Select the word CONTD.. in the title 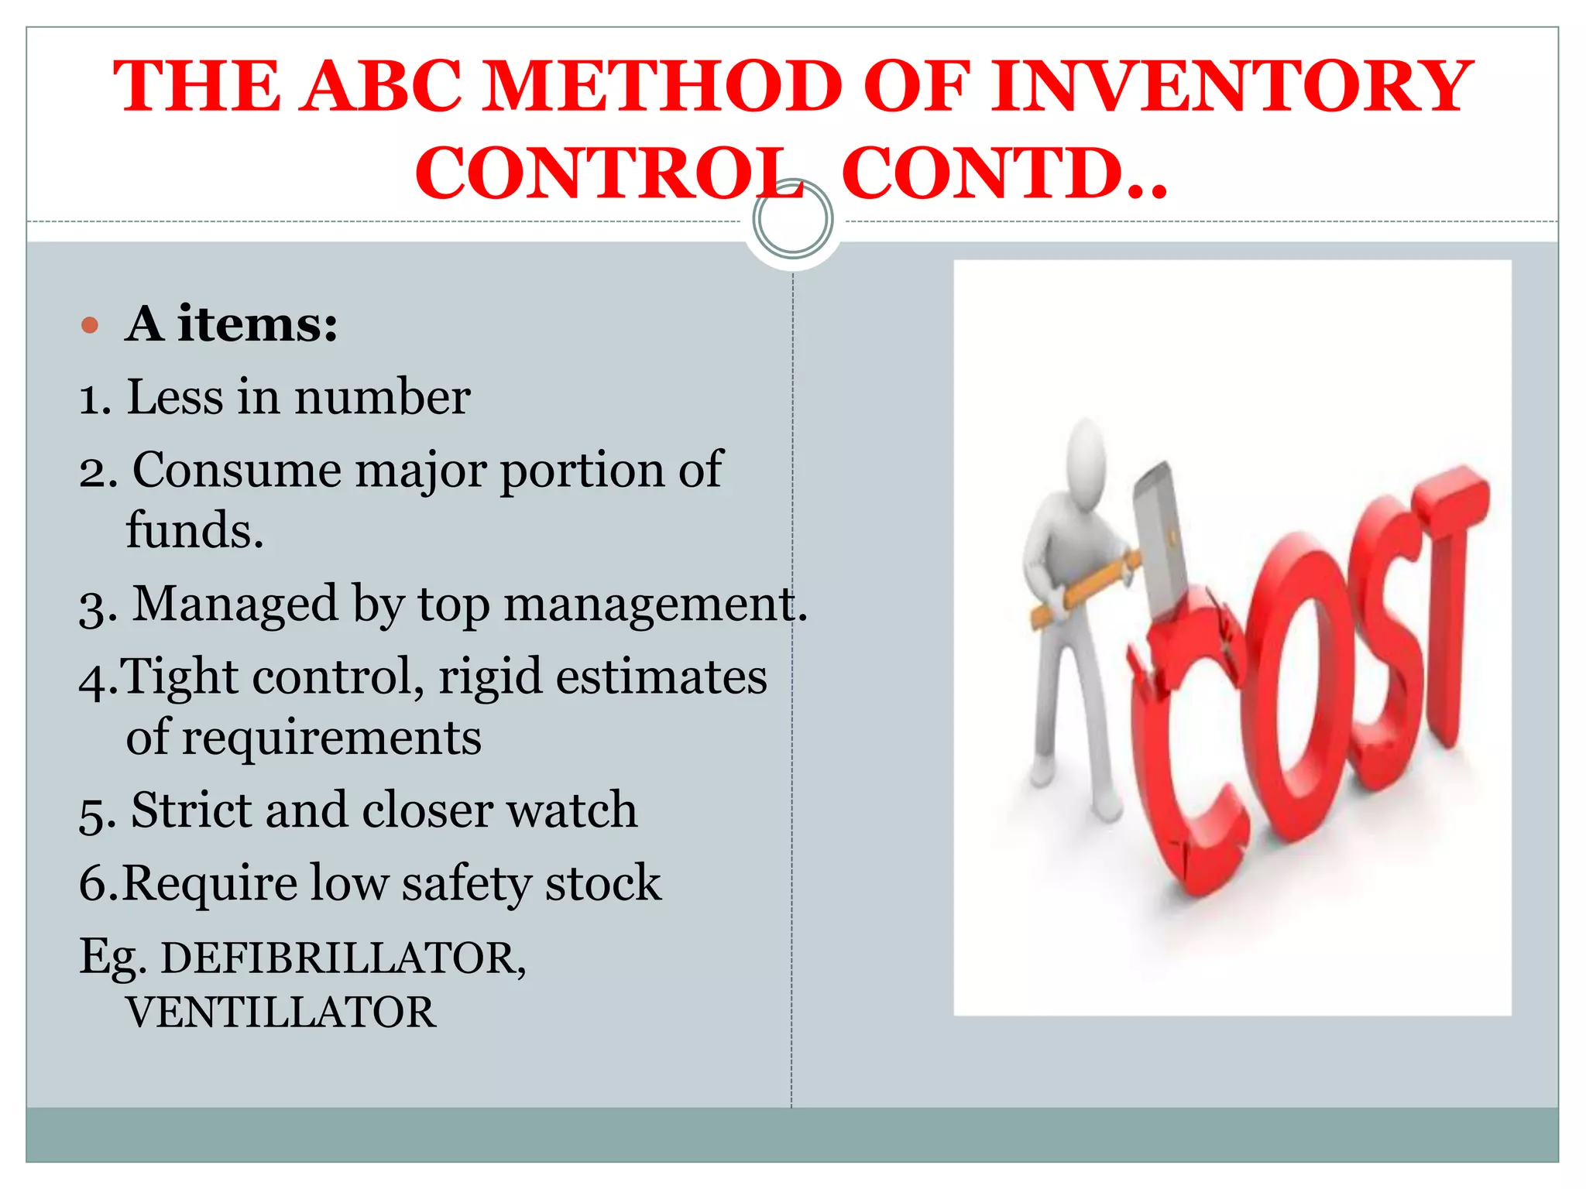1004,173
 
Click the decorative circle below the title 792,219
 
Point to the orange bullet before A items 90,324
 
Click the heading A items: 232,324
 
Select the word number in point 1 382,397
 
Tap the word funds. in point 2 194,530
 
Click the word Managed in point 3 235,603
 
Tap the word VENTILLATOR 281,1013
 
